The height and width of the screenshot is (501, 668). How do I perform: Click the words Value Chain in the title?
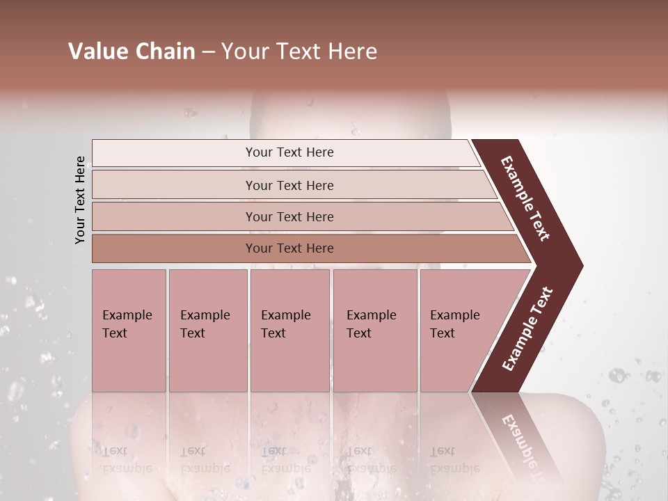(x=132, y=51)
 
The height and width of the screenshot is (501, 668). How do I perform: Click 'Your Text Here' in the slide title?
(x=299, y=51)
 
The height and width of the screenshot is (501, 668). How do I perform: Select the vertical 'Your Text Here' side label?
(x=80, y=200)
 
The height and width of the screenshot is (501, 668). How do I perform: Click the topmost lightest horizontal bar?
(x=289, y=152)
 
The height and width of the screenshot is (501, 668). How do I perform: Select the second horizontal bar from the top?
(x=289, y=185)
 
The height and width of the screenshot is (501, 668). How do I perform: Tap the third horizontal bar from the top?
(x=289, y=216)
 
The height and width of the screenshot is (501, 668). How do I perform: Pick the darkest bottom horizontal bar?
(x=289, y=248)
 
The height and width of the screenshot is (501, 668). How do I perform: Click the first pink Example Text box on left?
(x=129, y=331)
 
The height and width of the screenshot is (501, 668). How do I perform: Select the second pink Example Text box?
(x=207, y=331)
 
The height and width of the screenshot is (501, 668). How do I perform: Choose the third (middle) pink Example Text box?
(x=289, y=331)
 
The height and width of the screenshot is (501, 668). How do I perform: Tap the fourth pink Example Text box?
(x=374, y=331)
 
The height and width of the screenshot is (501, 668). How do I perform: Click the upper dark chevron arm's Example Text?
(x=525, y=198)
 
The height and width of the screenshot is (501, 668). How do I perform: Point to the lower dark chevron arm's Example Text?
(x=527, y=329)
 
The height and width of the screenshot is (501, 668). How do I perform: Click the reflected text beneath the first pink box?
(x=125, y=460)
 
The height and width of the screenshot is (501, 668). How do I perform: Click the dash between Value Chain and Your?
(x=208, y=52)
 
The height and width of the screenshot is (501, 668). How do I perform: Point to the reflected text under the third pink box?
(x=285, y=460)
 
